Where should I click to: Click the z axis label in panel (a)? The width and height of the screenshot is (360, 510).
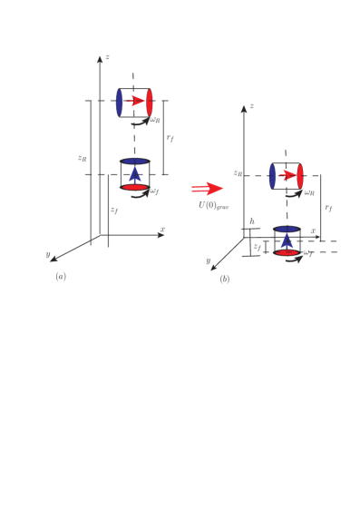click(x=107, y=57)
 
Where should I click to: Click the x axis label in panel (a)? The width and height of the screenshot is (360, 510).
click(x=162, y=229)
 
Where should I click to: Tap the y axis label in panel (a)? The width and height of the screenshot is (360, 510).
click(x=48, y=254)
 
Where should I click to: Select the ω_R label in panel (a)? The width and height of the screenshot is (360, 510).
click(x=156, y=119)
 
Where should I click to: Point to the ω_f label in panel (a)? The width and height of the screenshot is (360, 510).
click(x=155, y=191)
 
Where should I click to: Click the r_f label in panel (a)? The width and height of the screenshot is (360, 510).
click(x=170, y=138)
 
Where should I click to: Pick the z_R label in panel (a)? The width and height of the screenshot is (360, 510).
click(x=82, y=158)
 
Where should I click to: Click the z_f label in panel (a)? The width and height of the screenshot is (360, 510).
click(x=113, y=210)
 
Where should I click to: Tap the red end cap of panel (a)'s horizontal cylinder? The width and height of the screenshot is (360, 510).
click(x=149, y=103)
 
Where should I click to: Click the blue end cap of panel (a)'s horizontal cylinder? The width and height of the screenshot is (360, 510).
click(x=119, y=103)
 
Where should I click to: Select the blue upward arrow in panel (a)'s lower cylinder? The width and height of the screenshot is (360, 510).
click(x=135, y=173)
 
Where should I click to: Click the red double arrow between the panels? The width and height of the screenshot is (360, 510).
click(x=207, y=189)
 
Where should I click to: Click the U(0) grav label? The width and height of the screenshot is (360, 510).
click(x=213, y=205)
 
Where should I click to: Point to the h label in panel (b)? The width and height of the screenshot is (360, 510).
click(x=252, y=221)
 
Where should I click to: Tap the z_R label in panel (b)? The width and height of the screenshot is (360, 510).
click(x=237, y=172)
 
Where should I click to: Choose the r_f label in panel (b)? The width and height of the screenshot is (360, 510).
click(x=328, y=208)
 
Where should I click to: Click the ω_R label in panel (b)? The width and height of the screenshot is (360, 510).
click(x=309, y=191)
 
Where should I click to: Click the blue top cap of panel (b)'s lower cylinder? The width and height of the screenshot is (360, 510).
click(x=287, y=230)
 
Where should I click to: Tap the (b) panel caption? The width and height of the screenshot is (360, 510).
click(x=224, y=278)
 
